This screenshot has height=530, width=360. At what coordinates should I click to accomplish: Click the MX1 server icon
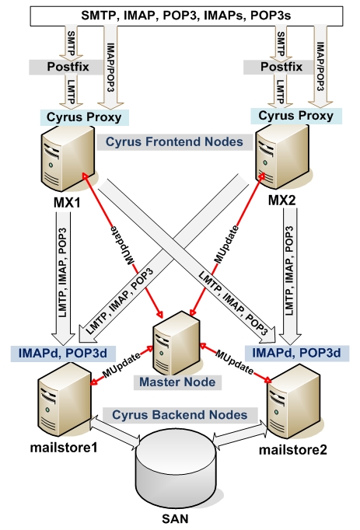tap(68, 159)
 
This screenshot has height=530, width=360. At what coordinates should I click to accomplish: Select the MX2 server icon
tap(281, 157)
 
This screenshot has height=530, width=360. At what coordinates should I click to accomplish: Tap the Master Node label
tap(177, 382)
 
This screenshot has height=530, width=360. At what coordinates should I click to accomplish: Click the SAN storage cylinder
tap(175, 471)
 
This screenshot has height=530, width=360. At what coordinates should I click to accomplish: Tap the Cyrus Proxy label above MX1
tap(84, 117)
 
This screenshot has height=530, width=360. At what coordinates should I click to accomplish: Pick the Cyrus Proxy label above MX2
tap(296, 116)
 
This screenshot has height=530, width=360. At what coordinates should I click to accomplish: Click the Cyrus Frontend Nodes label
tap(175, 142)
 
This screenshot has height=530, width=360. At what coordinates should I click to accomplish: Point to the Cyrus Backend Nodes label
tap(180, 415)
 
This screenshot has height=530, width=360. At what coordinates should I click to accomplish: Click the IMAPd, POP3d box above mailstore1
tap(63, 354)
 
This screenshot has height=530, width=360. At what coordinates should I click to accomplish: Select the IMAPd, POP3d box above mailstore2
tap(297, 354)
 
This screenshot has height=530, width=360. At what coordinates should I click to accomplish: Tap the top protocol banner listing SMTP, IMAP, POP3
tap(187, 16)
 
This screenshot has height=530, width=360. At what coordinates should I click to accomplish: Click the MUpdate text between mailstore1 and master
tap(121, 366)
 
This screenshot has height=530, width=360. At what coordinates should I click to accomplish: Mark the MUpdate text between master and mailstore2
tap(234, 361)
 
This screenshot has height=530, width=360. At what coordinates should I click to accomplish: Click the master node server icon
tap(177, 342)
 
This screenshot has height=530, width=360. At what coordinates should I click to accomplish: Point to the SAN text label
tap(175, 519)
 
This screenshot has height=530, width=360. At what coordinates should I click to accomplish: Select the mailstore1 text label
tap(64, 448)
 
